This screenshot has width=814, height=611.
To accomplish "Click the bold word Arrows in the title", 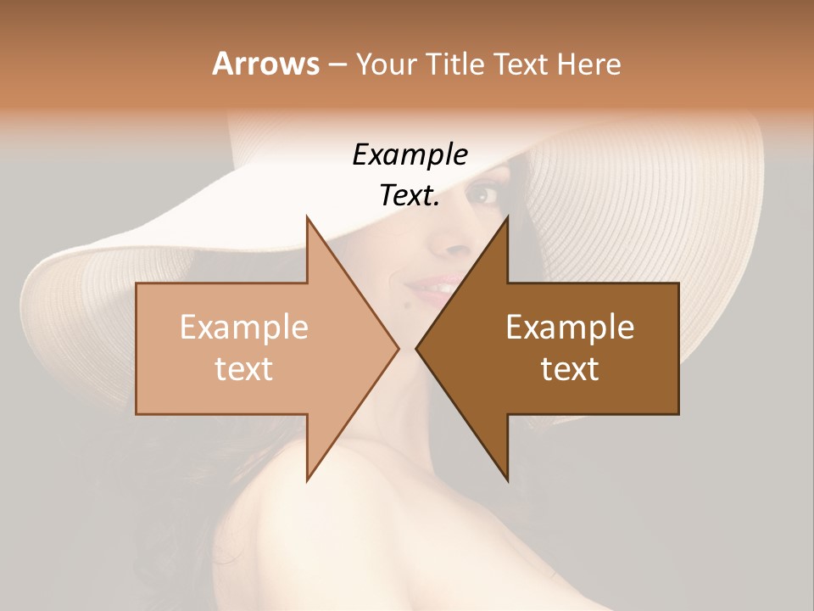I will (x=265, y=64).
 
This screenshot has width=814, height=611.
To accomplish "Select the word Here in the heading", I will (x=588, y=64).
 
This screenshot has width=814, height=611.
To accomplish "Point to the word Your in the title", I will (x=386, y=64).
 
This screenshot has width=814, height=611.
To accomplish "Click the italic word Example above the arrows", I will (x=410, y=155).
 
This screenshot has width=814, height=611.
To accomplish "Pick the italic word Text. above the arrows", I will (x=410, y=195).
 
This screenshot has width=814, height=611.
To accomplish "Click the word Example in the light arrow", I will (x=243, y=328).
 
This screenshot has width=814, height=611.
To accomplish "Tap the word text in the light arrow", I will (x=243, y=368).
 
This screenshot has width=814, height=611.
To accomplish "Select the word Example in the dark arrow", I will (x=570, y=328).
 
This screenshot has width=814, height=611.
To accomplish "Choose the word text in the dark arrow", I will (x=570, y=368).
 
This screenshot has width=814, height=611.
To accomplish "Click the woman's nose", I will (x=449, y=242).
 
